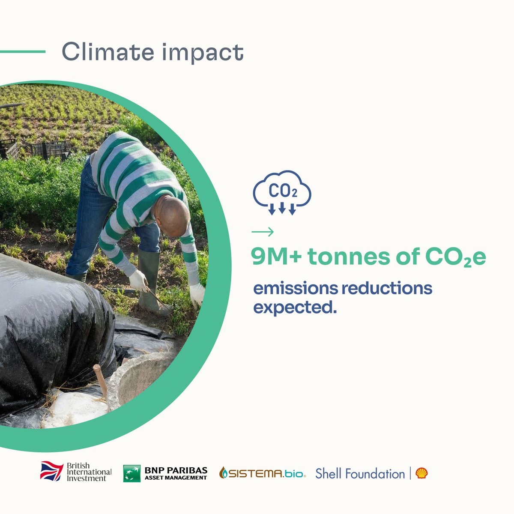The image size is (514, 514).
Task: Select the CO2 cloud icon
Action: [282, 192]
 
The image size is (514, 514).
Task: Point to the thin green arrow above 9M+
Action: [263, 232]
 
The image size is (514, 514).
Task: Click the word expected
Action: [295, 307]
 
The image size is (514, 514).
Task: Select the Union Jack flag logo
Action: [52, 471]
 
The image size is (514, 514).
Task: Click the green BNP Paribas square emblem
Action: [131, 473]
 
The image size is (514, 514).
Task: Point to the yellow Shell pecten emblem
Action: [421, 473]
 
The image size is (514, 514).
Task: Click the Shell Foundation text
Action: [360, 474]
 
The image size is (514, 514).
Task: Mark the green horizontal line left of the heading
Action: [22, 52]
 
